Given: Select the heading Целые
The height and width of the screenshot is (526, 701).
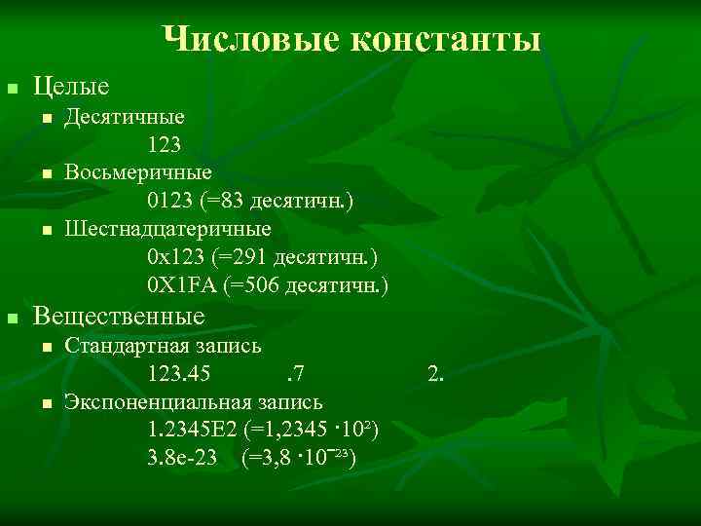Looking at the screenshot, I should [71, 87].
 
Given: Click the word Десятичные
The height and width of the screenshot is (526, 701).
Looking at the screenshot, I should [125, 118].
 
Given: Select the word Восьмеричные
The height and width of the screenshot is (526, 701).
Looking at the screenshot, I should [138, 173].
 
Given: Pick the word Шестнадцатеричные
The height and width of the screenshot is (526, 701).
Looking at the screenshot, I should [168, 229].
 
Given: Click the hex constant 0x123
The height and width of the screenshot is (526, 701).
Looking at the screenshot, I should [176, 257].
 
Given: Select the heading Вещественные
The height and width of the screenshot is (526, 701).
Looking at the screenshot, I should [119, 317].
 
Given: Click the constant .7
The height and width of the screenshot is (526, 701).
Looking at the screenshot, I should [296, 373].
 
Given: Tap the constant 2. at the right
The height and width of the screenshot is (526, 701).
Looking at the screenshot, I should [435, 373].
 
